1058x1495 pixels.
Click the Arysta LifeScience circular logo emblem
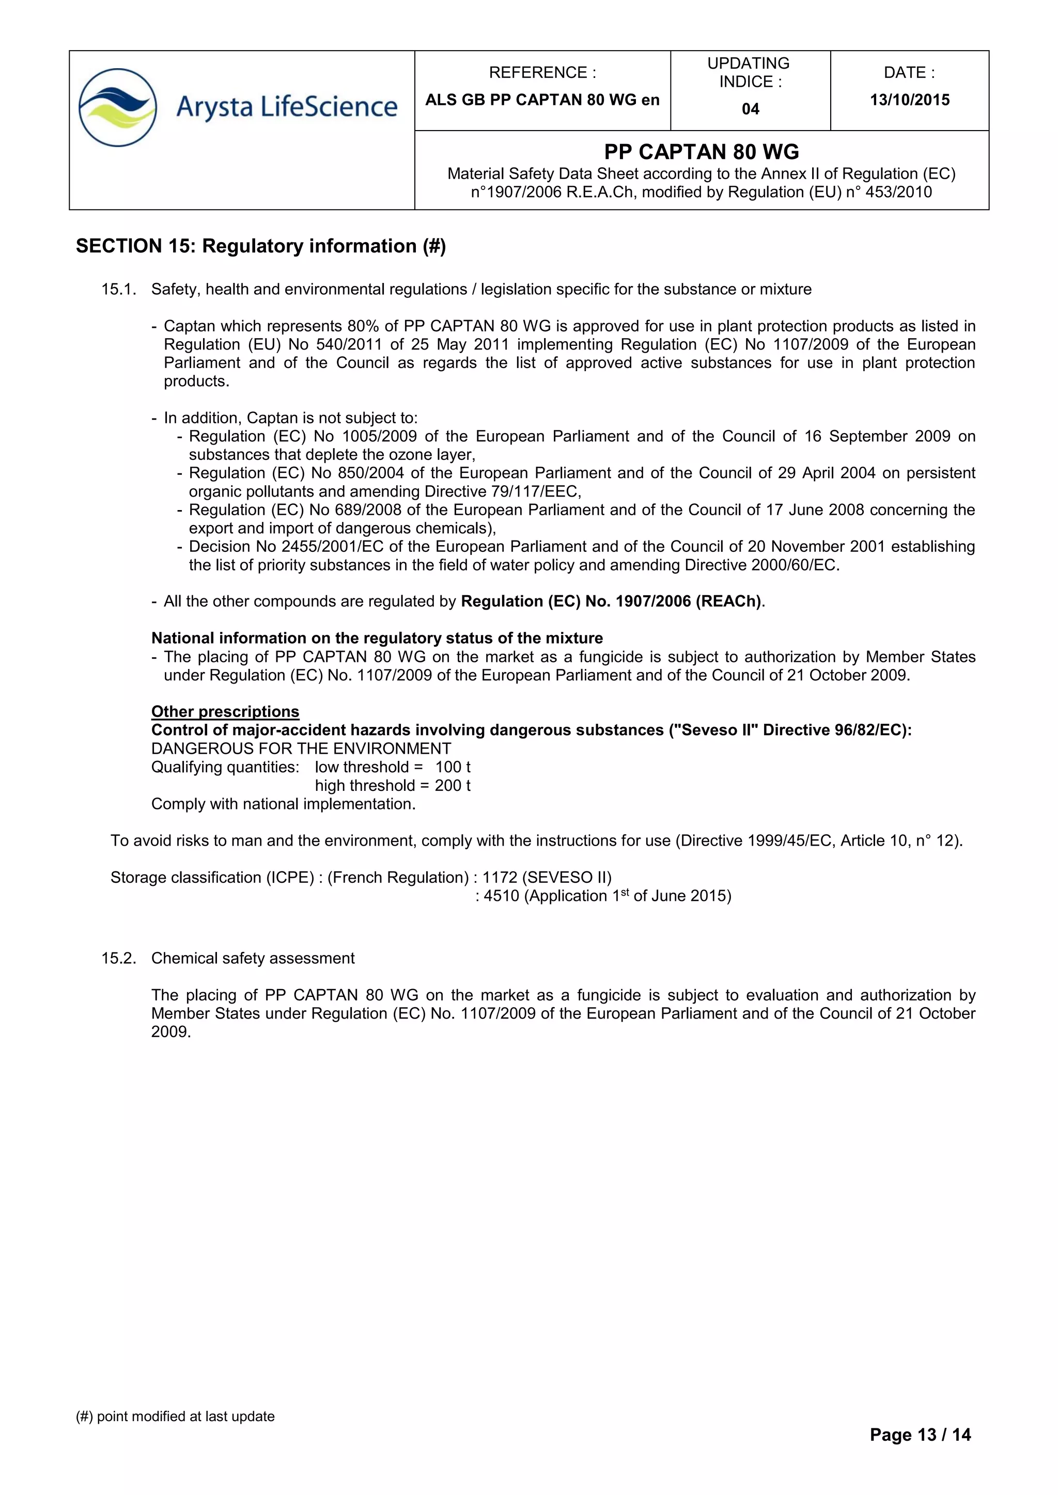pyautogui.click(x=118, y=107)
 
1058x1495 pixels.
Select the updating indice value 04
pyautogui.click(x=751, y=109)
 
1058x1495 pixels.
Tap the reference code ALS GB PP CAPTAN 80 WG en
pyautogui.click(x=542, y=100)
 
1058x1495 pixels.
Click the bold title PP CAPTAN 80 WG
pyautogui.click(x=702, y=152)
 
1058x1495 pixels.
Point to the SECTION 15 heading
pyautogui.click(x=260, y=246)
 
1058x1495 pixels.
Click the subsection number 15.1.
pyautogui.click(x=119, y=290)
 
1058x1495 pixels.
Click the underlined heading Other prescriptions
pyautogui.click(x=225, y=712)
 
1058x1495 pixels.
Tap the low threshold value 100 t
pyautogui.click(x=453, y=767)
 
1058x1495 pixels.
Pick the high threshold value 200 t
pyautogui.click(x=453, y=786)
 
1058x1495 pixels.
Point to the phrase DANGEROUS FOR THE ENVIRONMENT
pyautogui.click(x=301, y=749)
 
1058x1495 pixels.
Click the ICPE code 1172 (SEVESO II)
pyautogui.click(x=547, y=878)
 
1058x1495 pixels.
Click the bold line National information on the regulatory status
pyautogui.click(x=377, y=638)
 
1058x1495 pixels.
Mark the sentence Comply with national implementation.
pyautogui.click(x=284, y=804)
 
